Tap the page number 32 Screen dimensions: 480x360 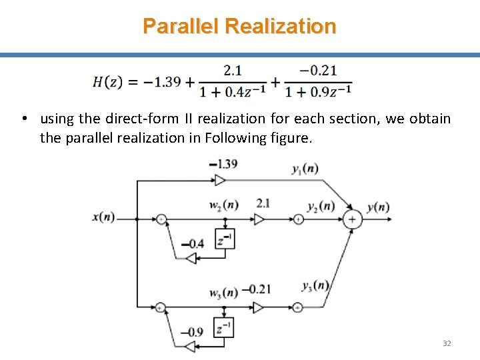click(447, 343)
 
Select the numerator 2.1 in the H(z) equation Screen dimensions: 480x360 click(233, 70)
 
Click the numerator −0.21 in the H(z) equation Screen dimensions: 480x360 click(318, 70)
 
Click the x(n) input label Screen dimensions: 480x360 click(104, 217)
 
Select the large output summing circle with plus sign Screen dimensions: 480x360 click(353, 219)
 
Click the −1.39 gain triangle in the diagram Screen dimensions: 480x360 click(221, 179)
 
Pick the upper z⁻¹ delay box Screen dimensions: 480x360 click(225, 239)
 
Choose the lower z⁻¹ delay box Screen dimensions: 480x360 click(225, 327)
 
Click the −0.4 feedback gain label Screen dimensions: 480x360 click(193, 243)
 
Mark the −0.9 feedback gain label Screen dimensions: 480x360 click(193, 332)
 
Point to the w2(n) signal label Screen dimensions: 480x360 click(223, 204)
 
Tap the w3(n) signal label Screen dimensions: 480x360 click(223, 292)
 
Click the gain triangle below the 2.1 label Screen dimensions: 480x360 click(259, 218)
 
